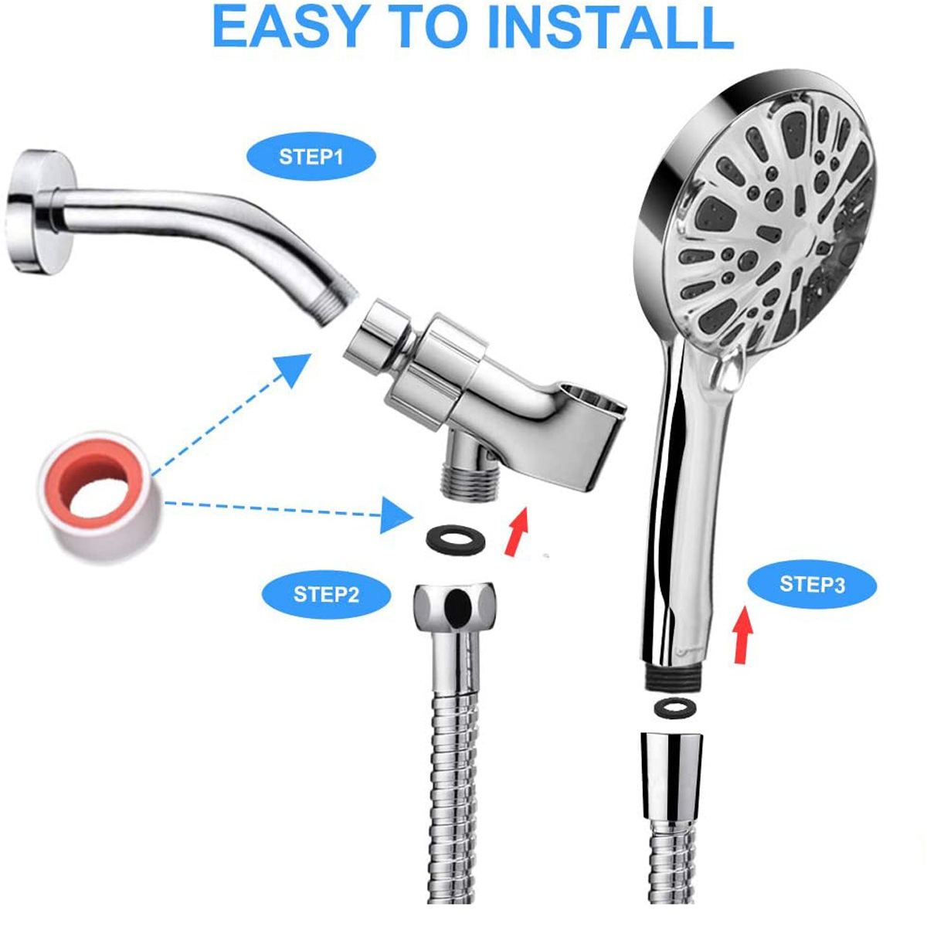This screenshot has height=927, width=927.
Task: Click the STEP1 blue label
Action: [311, 158]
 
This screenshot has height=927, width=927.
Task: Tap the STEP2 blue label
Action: [326, 595]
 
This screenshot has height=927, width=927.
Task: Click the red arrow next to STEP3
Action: [743, 634]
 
